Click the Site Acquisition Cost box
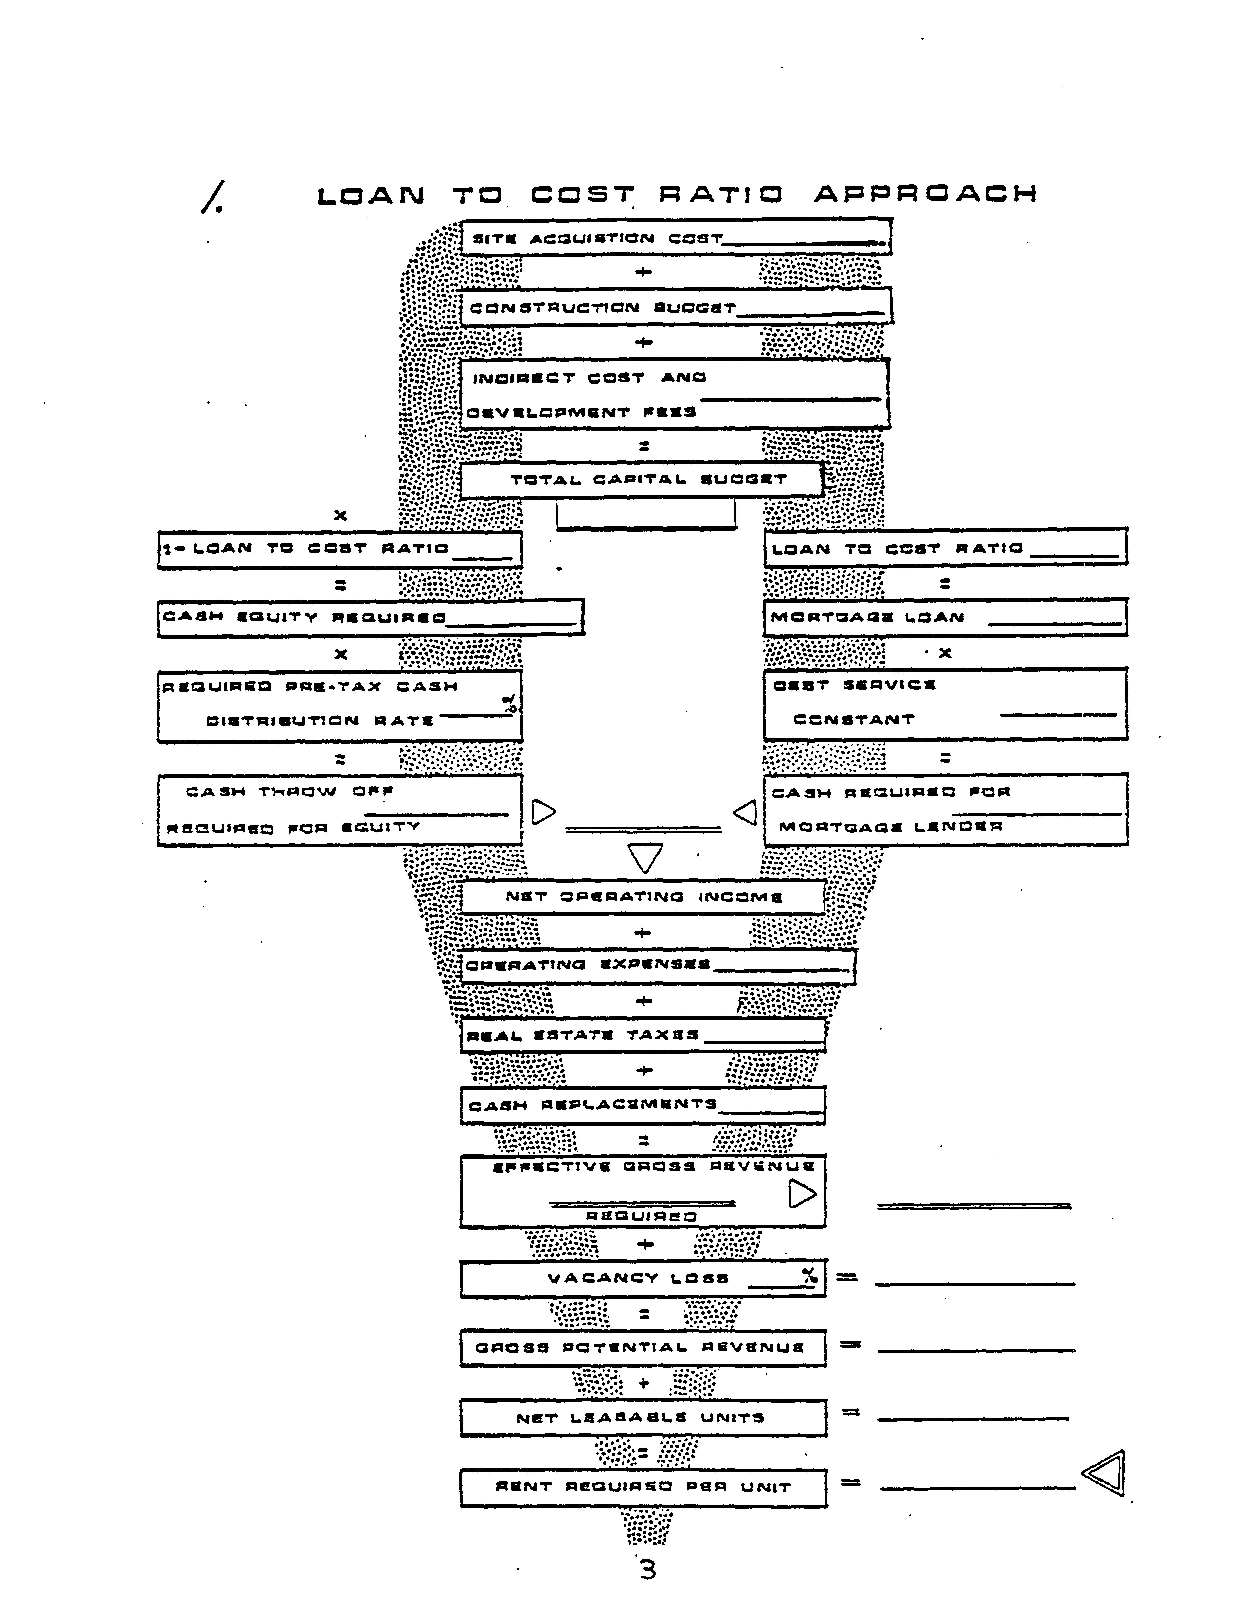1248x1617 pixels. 676,237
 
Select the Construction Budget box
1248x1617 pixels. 676,307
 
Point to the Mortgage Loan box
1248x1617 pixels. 945,618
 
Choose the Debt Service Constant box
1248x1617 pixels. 945,703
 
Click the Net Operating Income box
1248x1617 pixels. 642,897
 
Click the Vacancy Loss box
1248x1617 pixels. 642,1278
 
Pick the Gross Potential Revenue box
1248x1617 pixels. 642,1347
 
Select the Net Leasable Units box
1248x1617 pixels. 642,1418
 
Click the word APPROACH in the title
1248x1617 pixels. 925,194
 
